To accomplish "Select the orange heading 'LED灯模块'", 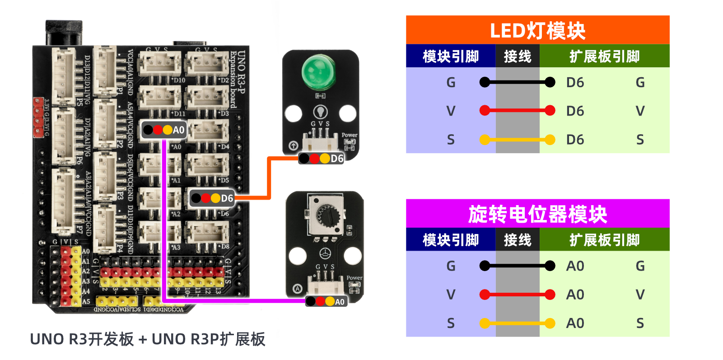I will (x=537, y=30).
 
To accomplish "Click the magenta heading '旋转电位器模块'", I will (x=537, y=214).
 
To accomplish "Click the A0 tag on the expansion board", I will (x=164, y=130).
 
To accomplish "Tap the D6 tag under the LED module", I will (x=321, y=159).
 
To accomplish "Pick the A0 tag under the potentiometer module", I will (x=327, y=301).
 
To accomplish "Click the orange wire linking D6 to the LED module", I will (x=269, y=181).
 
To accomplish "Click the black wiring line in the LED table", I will (x=517, y=82).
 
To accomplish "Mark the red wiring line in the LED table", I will (x=517, y=110).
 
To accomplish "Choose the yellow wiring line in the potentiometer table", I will (x=517, y=323).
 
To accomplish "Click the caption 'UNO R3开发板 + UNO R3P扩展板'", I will (x=147, y=339).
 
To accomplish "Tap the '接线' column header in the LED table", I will (x=518, y=56).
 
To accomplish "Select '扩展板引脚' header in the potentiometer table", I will (x=604, y=240).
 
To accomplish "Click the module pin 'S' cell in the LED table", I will (x=450, y=140).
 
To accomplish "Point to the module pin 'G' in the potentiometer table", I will (x=450, y=266).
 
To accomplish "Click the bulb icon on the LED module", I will (x=320, y=111).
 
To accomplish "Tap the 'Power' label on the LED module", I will (x=349, y=135).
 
